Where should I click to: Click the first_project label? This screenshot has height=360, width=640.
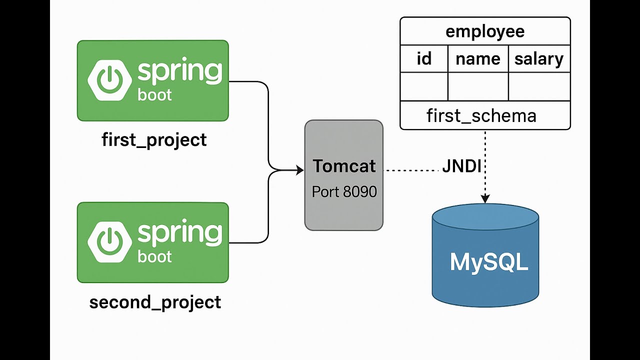pos(154,139)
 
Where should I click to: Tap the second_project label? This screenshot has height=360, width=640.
pos(155,302)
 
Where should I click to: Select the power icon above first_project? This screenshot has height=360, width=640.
pos(109,80)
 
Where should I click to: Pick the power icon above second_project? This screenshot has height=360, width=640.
pos(109,242)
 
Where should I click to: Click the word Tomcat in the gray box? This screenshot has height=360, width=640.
pos(344,166)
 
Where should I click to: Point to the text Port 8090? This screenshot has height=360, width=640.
pos(344,191)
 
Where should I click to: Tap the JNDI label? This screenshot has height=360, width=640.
pos(461,166)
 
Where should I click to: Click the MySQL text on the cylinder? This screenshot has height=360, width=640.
pos(488,262)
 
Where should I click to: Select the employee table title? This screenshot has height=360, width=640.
pos(485,31)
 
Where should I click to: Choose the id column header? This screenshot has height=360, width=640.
pos(424,59)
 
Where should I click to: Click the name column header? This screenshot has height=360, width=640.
pos(478,59)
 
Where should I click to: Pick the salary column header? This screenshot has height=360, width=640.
pos(539,59)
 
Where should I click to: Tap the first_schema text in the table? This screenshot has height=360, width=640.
pos(481,116)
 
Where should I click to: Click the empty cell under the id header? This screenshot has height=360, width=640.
pos(424,86)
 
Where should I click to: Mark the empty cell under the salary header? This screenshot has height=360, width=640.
pos(539,86)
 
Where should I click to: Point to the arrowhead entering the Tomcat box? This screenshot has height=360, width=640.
pos(299,170)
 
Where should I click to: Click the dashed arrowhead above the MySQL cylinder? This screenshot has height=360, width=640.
pos(485,199)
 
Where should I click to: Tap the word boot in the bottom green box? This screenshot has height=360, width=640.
pos(154,256)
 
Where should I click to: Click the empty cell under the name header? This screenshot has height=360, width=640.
pos(478,86)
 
